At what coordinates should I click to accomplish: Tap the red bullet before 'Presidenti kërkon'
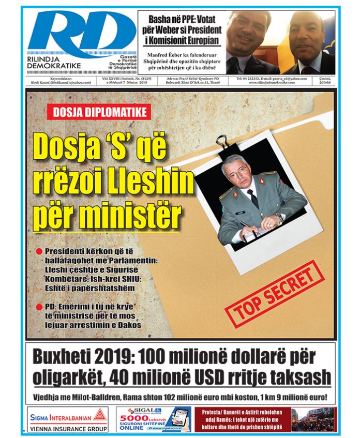coord(39,251)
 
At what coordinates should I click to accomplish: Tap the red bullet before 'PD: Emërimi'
coord(39,307)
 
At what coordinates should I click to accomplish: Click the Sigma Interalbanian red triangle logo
coord(101,417)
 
